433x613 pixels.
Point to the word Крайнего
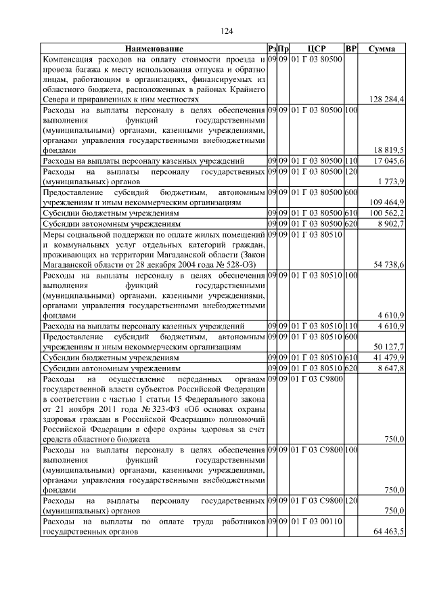coord(244,89)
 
